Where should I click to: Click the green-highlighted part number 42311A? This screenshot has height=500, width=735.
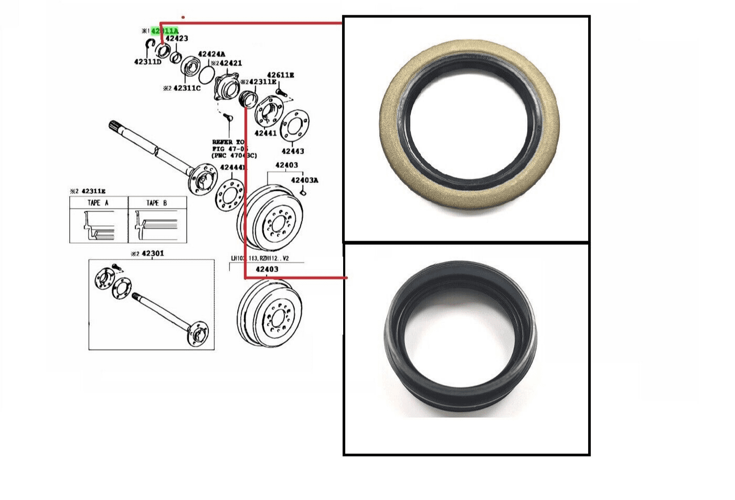coord(165,31)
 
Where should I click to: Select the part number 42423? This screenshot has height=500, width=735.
coord(177,39)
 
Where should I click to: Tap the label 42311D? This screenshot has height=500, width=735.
coord(147,62)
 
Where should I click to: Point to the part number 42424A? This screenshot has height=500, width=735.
coord(211,55)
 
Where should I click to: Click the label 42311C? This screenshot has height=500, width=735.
coord(187,88)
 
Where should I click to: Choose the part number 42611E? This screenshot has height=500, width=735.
coord(280,75)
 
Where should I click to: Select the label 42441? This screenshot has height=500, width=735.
coord(265,133)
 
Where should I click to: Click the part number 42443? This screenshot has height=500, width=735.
coord(293,151)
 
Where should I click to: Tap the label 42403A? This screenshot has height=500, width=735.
coord(305,180)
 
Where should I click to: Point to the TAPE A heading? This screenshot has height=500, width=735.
coord(98,203)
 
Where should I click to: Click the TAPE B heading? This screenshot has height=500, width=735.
coord(157,203)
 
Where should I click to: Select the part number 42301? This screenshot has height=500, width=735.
coord(153,254)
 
